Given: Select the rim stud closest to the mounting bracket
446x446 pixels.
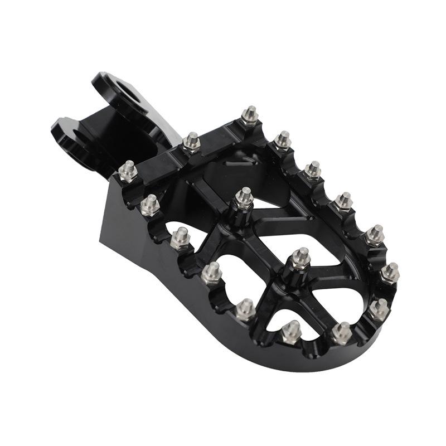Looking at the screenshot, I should tap(128, 170).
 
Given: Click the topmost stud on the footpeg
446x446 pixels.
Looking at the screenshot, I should tap(250, 115).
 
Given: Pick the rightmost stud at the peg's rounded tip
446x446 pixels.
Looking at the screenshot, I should tap(390, 272).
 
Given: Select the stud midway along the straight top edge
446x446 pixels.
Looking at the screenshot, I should tap(191, 142).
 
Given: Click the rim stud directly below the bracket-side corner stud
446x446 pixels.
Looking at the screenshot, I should tap(149, 205).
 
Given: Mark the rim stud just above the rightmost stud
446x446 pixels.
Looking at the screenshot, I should tap(375, 235).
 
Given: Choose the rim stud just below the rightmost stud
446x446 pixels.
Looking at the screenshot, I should tap(379, 308).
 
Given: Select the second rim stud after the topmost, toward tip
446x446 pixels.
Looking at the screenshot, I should tap(313, 169).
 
